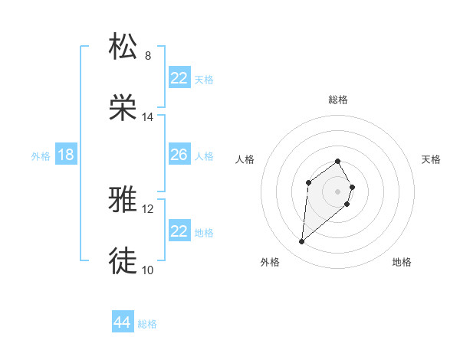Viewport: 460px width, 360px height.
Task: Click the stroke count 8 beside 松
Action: [x=148, y=55]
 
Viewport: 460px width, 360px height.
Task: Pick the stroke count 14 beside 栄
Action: [x=148, y=117]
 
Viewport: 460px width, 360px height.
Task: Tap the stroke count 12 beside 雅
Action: [x=148, y=208]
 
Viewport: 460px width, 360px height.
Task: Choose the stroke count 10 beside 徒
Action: [x=148, y=270]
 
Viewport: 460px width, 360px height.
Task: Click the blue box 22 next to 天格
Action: [x=179, y=78]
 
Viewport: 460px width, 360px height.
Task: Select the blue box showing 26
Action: [x=179, y=155]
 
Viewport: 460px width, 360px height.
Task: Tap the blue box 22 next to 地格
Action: [x=179, y=231]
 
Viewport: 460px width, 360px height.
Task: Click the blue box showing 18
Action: [x=66, y=155]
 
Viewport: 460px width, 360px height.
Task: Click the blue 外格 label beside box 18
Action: [x=41, y=156]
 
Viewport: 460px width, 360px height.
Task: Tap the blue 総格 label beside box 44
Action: [x=147, y=324]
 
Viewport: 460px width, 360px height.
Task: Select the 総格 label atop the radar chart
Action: [x=338, y=100]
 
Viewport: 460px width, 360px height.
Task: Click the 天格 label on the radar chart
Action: [x=432, y=159]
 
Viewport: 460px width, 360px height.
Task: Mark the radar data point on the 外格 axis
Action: [x=302, y=242]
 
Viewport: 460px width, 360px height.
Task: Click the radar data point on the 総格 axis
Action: [x=338, y=161]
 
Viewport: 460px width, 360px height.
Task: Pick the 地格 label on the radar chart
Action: [x=402, y=262]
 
